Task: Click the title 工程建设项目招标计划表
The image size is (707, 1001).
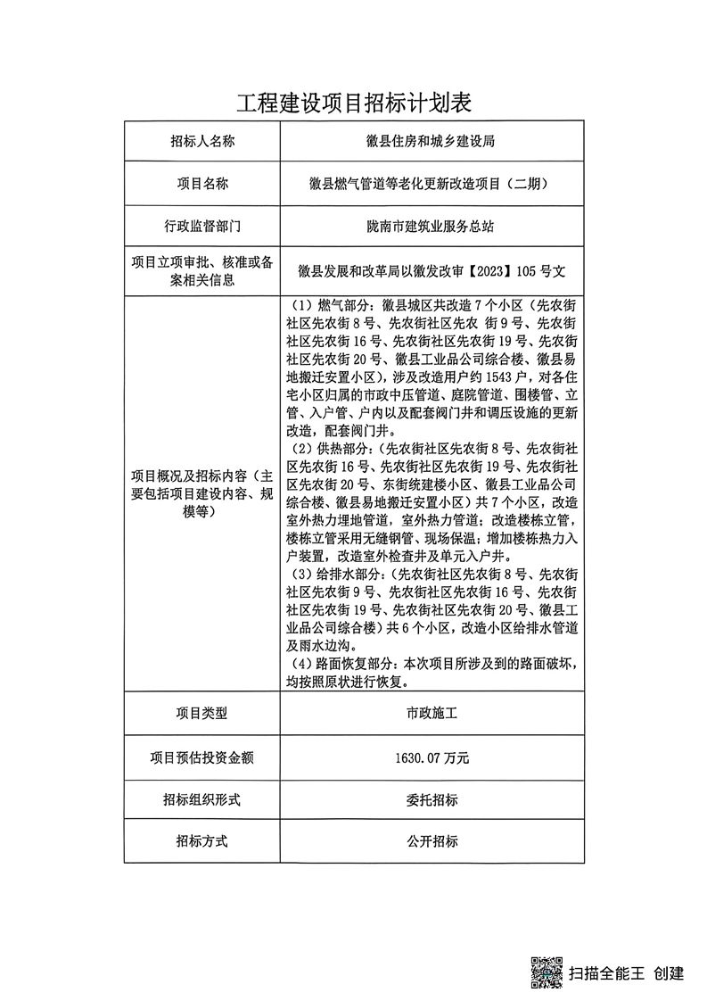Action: click(353, 103)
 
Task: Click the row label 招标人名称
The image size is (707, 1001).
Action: click(202, 141)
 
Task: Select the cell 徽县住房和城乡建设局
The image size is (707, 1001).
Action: click(432, 141)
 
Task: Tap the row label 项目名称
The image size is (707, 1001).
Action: click(202, 184)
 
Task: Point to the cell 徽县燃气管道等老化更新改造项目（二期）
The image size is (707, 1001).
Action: click(432, 185)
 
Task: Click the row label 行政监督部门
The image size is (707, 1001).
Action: click(202, 227)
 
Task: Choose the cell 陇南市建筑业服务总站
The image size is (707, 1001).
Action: click(432, 227)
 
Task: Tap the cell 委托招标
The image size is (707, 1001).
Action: click(432, 799)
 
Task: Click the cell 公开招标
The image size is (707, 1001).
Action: click(432, 841)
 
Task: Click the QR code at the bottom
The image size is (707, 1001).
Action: click(547, 972)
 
